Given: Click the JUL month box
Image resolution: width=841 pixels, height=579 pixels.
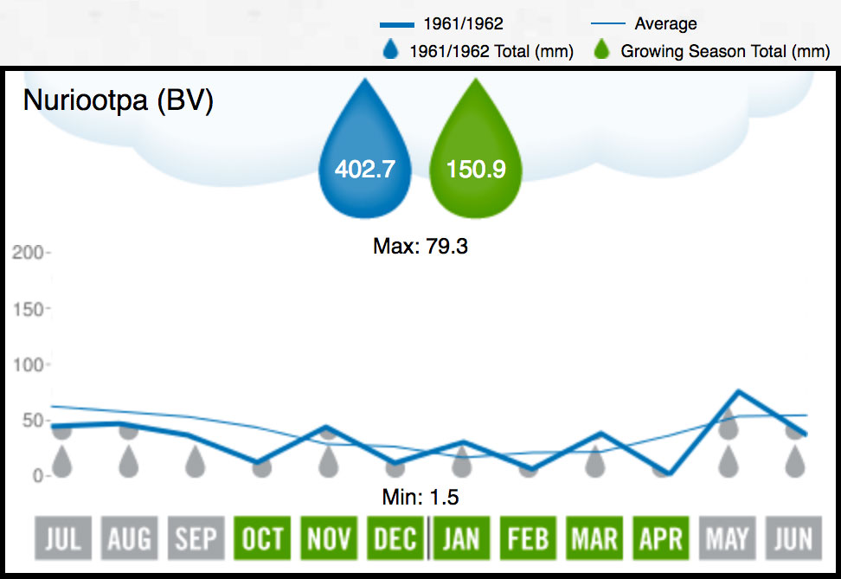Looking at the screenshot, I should click(x=62, y=540).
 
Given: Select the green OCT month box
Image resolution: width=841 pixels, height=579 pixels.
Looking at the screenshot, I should click(x=262, y=540).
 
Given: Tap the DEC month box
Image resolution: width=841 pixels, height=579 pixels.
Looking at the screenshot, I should click(x=395, y=540).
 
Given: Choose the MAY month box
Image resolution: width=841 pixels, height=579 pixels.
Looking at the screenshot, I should click(x=727, y=540).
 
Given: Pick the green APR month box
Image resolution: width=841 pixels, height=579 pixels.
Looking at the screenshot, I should click(x=660, y=540).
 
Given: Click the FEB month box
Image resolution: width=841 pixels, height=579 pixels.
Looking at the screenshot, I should click(x=528, y=540).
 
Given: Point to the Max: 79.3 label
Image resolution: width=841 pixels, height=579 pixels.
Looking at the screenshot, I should click(x=420, y=247).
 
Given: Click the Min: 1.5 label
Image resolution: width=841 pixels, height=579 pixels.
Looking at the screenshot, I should click(x=420, y=498).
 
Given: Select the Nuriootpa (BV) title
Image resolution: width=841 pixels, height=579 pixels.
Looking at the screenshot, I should click(x=118, y=100).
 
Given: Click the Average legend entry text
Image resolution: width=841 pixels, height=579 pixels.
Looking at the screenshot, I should click(x=665, y=24).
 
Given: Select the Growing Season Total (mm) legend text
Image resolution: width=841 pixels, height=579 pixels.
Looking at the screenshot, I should click(x=725, y=52).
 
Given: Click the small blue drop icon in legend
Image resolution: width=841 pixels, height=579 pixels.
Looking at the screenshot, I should click(x=391, y=51).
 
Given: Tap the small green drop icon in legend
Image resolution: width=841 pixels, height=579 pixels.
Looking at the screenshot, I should click(x=604, y=51).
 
